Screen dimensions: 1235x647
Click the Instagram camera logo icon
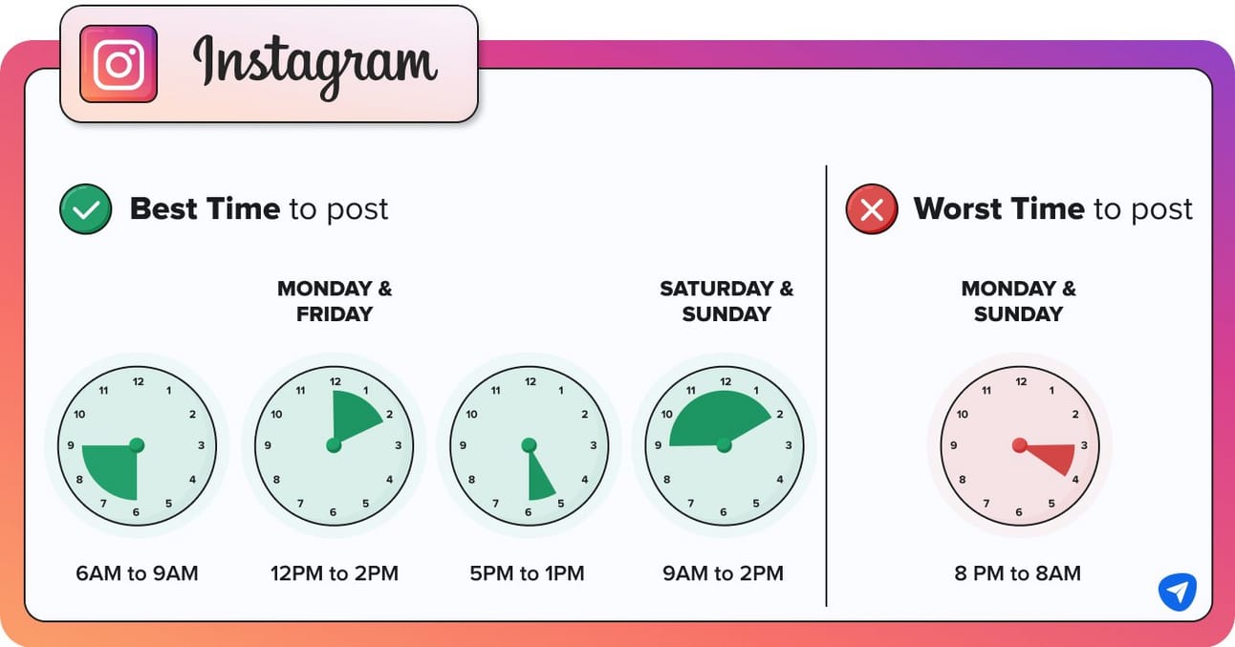119,63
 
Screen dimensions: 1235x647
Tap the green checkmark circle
85,209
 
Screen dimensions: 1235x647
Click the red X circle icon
872,209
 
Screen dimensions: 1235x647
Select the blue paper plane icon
1178,592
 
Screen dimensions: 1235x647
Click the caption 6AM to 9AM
137,573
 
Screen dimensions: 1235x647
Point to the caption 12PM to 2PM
335,573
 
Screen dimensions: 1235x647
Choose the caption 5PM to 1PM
527,573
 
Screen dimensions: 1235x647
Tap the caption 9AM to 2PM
723,573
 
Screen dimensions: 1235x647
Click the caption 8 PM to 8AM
1018,573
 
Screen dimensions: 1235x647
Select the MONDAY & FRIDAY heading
335,301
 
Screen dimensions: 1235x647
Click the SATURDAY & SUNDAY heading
726,301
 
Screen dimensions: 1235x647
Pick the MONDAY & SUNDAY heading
1019,301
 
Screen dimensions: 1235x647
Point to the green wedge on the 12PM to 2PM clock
354,416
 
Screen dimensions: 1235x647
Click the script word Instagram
314,66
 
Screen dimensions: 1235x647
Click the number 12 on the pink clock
1021,381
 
